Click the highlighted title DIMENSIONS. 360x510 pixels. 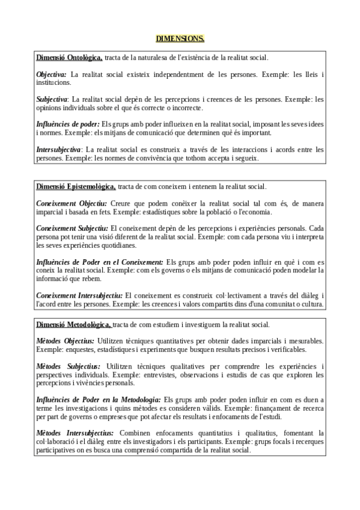(180, 39)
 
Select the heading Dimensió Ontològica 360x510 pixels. (69, 58)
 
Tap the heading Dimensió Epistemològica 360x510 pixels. (76, 187)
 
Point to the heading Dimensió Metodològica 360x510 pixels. (74, 325)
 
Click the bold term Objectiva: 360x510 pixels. (52, 75)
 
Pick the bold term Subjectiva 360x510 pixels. (52, 99)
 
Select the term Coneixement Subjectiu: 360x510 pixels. (72, 229)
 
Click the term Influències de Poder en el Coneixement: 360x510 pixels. (100, 262)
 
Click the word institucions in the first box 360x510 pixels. (53, 82)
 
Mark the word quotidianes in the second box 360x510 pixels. (109, 245)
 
